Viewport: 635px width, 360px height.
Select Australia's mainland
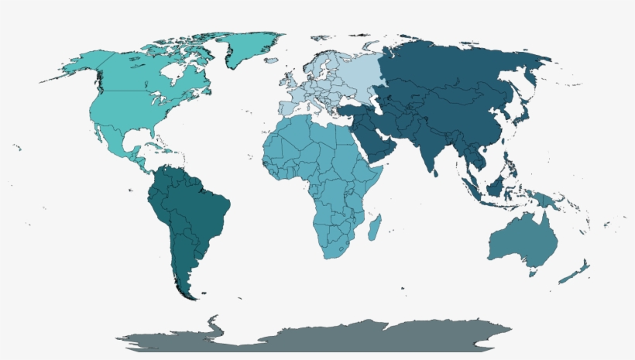[523, 240]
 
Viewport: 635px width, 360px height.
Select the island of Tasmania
[532, 272]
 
